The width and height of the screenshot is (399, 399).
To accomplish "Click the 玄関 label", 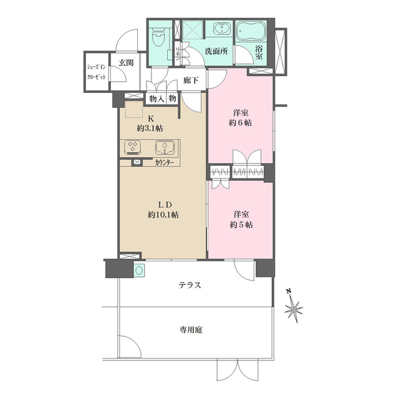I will [127, 62].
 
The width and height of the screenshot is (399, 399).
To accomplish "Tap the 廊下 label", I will [191, 80].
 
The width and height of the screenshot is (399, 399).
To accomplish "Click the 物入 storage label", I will [156, 98].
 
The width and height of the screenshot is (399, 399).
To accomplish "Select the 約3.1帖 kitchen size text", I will [150, 128].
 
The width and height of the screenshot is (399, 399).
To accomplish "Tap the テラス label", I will [189, 285].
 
